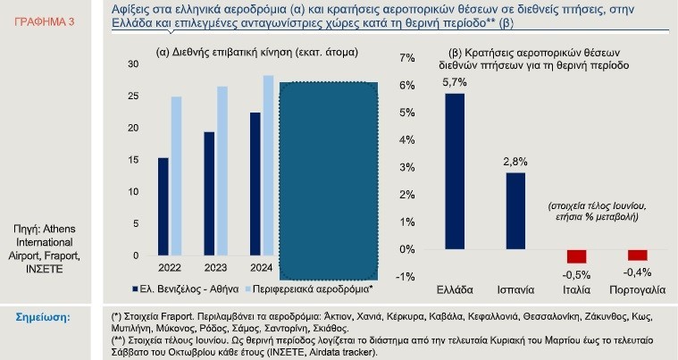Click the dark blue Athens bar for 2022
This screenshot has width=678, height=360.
pyautogui.click(x=163, y=207)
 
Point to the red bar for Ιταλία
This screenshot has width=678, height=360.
pyautogui.click(x=576, y=256)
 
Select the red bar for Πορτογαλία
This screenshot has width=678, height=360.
pyautogui.click(x=637, y=255)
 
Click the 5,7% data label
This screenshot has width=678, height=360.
pyautogui.click(x=455, y=82)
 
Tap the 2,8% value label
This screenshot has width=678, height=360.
pyautogui.click(x=515, y=162)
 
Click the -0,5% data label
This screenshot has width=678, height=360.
pyautogui.click(x=576, y=273)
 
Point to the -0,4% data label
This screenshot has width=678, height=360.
pyautogui.click(x=637, y=271)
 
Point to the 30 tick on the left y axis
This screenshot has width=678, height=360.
pyautogui.click(x=133, y=64)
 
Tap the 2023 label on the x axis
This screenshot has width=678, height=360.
pyautogui.click(x=216, y=268)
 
